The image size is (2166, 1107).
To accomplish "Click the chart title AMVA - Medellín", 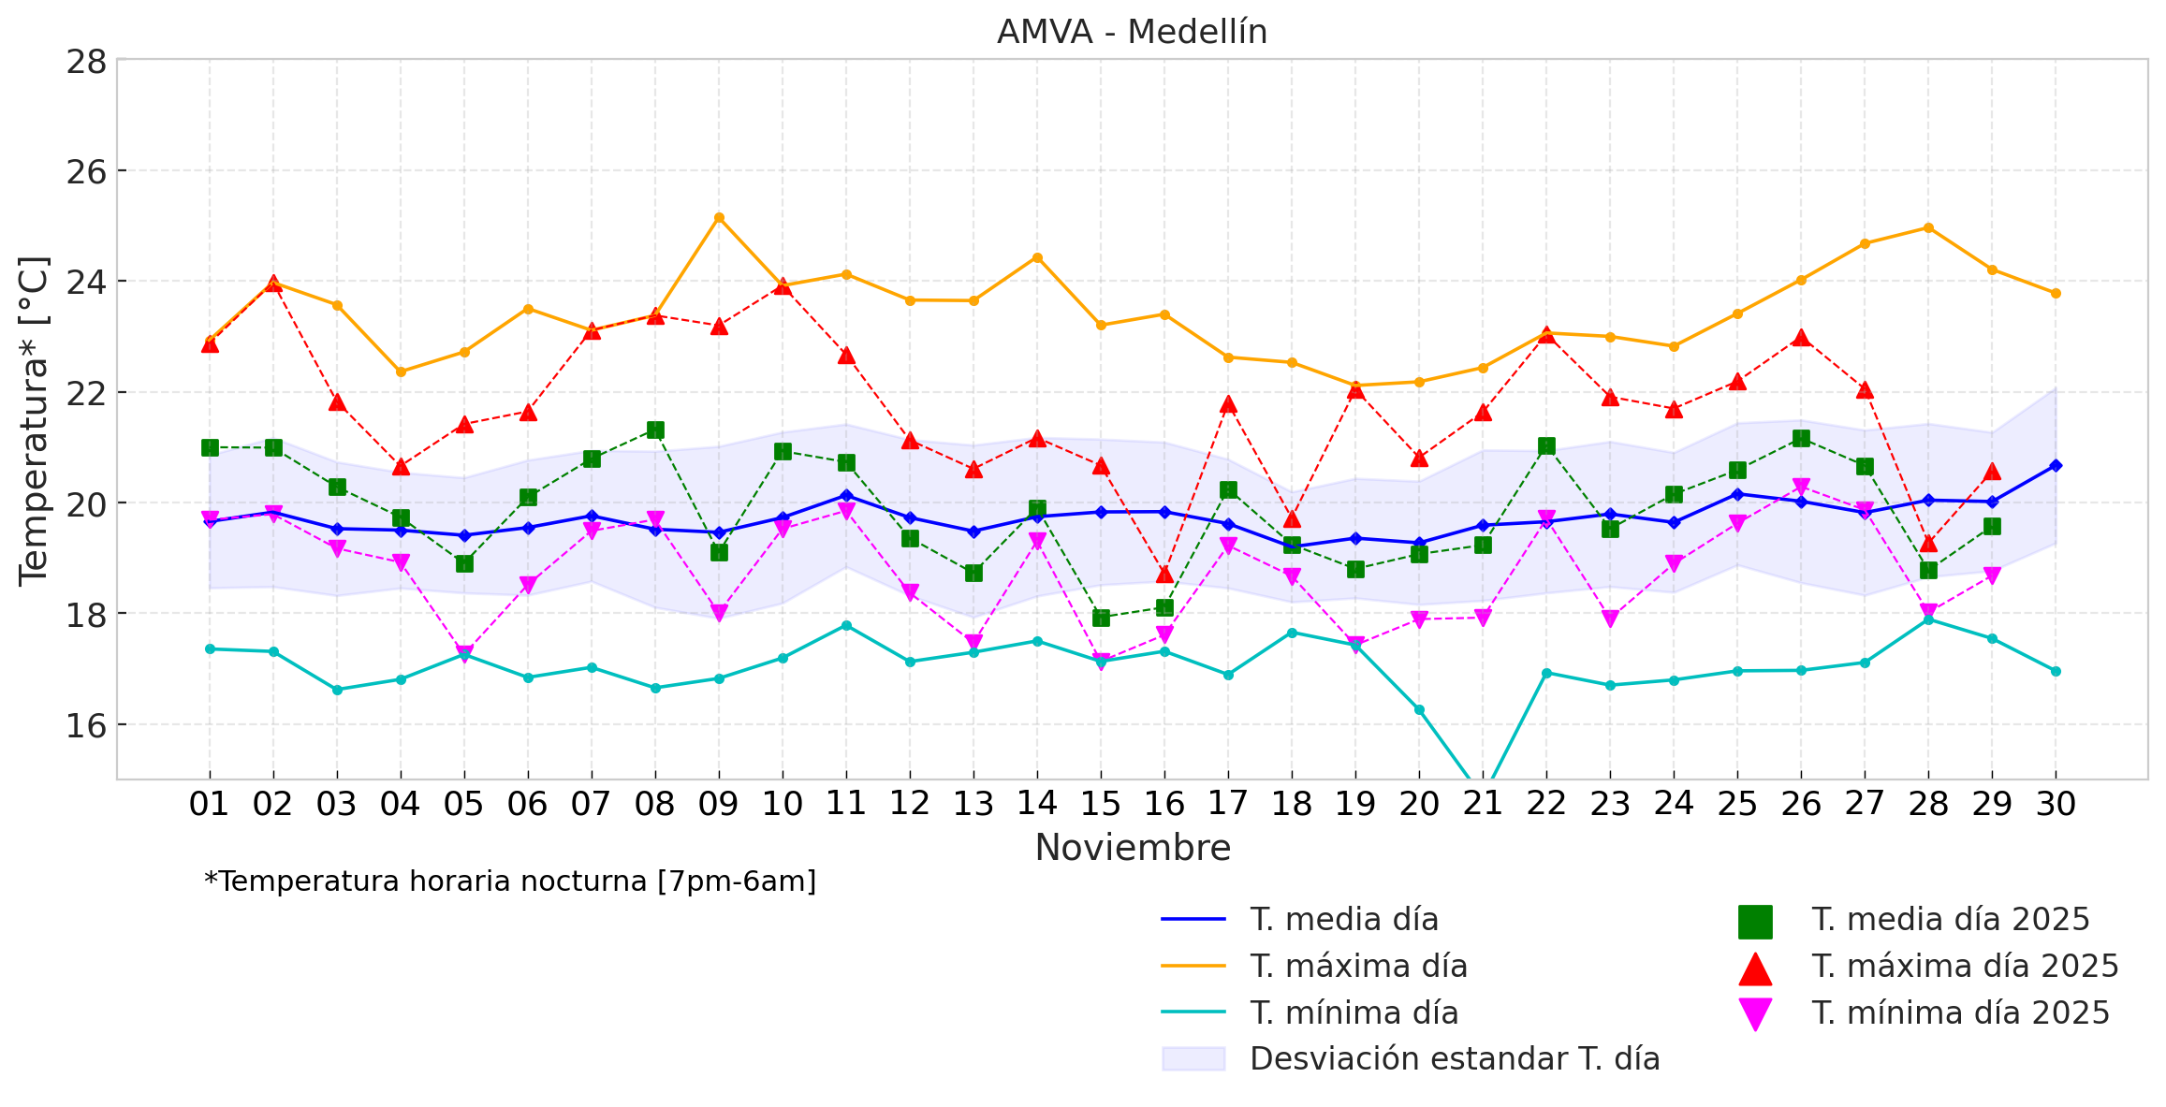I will coord(1132,33).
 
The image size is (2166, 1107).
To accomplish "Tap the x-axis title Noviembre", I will coord(1133,848).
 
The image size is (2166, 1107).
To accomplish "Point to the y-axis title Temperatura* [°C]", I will coord(34,421).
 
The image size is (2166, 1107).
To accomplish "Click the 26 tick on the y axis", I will coord(86,172).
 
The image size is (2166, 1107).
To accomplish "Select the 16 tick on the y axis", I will coord(86,725).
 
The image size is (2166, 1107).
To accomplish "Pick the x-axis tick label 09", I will coord(719,804).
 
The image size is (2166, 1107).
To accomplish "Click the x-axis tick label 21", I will coord(1483,804).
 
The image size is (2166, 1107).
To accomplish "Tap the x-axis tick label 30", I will coord(2056,804).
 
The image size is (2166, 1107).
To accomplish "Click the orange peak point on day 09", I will coord(719,218).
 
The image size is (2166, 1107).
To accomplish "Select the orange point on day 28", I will coord(1928,227).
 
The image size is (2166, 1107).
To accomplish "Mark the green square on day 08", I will coord(655,430).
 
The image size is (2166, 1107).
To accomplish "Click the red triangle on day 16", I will coord(1164,574).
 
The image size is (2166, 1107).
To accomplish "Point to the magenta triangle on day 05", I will coord(464,653).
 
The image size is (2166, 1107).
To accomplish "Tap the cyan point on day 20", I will coord(1419,710).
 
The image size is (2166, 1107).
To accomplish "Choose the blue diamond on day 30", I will coord(2056,465).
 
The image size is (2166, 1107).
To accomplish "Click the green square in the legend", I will coord(1755,922).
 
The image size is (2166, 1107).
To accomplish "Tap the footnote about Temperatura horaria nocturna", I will coord(510,881).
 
